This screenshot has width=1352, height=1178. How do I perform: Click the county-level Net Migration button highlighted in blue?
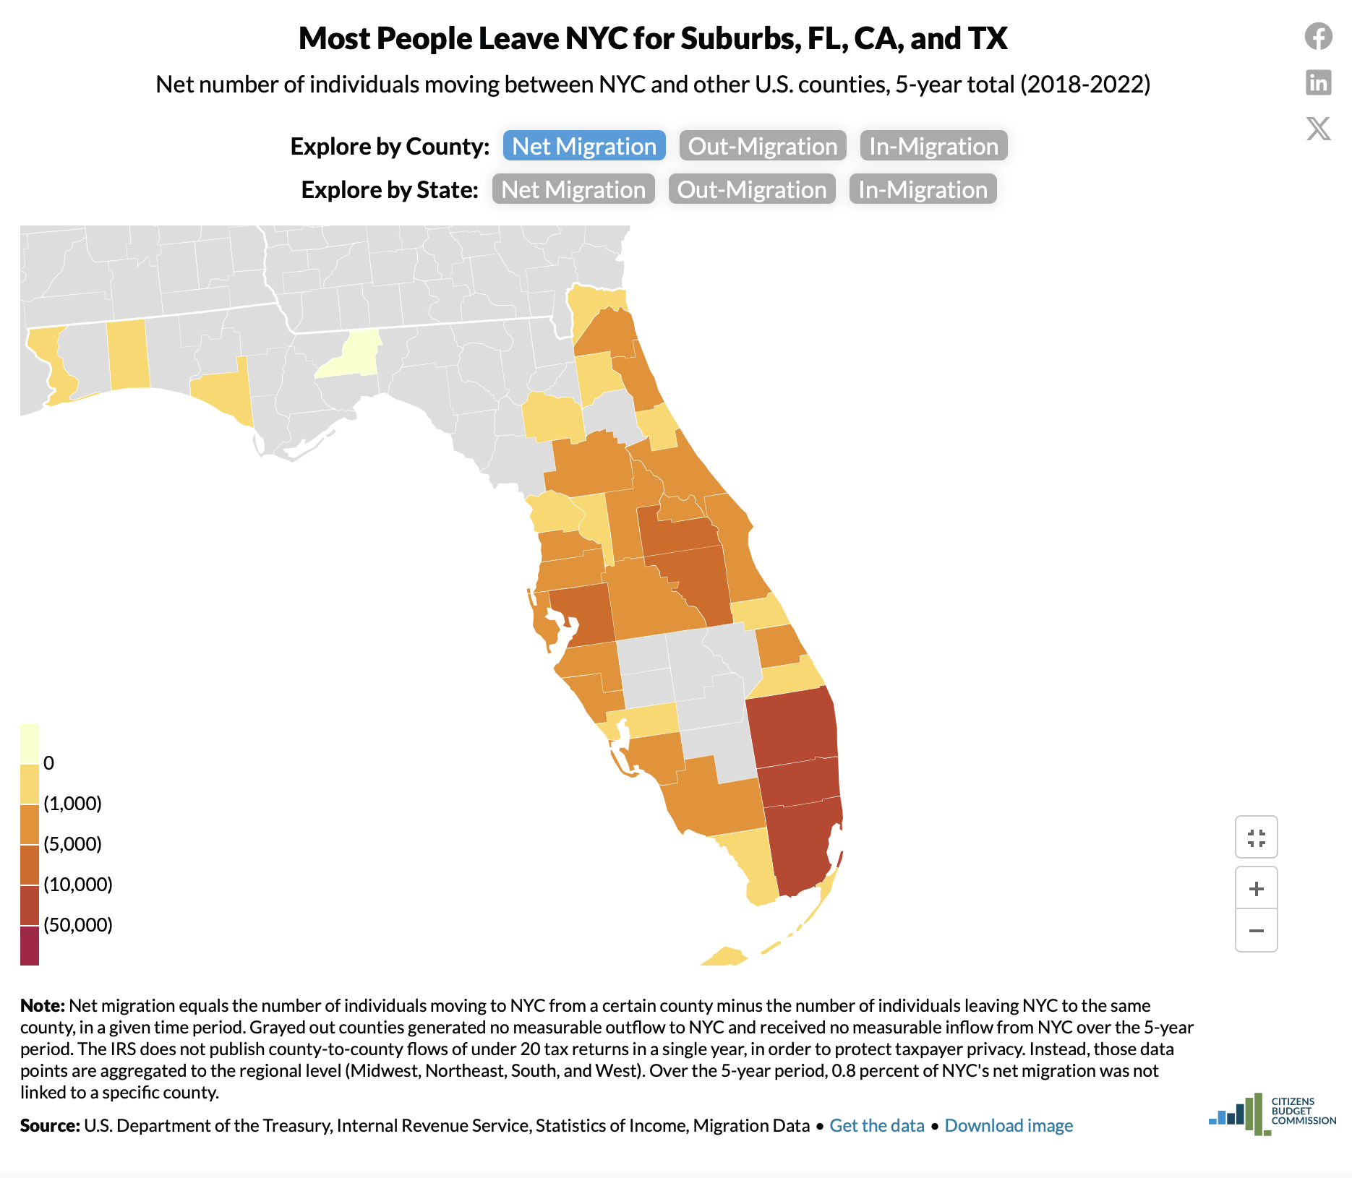point(584,146)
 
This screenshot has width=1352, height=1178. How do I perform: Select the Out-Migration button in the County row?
point(762,146)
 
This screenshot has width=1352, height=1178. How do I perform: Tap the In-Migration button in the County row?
point(933,146)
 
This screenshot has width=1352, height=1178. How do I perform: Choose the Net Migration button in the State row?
point(573,189)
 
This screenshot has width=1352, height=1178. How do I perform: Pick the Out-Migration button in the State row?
point(751,189)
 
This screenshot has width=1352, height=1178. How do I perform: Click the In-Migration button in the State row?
point(923,189)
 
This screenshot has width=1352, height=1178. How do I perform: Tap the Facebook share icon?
point(1318,36)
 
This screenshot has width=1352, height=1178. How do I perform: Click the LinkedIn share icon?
point(1318,82)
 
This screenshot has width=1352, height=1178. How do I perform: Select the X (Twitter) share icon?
point(1318,129)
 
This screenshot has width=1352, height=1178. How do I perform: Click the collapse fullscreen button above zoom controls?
point(1256,838)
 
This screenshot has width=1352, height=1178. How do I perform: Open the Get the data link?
point(876,1125)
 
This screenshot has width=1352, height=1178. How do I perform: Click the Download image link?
point(1008,1125)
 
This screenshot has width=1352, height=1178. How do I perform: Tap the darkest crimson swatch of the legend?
point(30,945)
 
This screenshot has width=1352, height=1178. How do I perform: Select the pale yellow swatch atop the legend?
point(30,743)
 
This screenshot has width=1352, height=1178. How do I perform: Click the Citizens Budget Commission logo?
point(1272,1113)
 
